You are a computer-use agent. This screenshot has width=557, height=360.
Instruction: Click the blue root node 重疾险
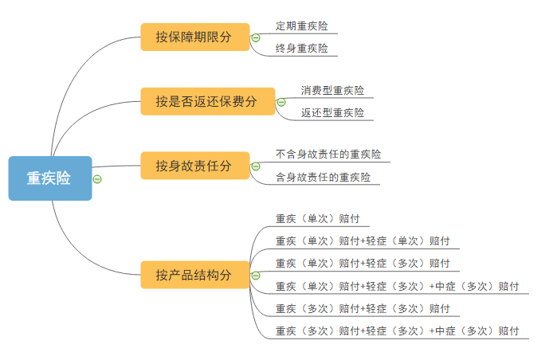click(x=50, y=178)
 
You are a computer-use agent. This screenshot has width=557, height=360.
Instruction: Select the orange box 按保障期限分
click(x=195, y=37)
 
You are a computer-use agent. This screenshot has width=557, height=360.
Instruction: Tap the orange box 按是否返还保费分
click(x=208, y=101)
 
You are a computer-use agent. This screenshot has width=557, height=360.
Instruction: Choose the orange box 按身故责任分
click(x=195, y=166)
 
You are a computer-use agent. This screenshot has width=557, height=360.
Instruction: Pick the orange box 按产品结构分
click(x=195, y=275)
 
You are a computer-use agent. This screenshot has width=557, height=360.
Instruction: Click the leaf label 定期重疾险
click(x=301, y=26)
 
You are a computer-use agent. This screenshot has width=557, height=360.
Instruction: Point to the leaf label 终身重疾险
click(x=301, y=49)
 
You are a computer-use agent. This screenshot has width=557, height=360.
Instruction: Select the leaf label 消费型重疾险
click(x=332, y=90)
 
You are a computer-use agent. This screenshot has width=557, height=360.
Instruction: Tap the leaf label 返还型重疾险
click(x=332, y=112)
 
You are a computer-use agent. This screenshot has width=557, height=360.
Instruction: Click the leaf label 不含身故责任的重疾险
click(x=328, y=154)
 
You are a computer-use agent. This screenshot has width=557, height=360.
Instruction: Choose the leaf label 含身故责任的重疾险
click(x=323, y=177)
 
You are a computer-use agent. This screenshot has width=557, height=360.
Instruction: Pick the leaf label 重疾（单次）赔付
click(x=318, y=218)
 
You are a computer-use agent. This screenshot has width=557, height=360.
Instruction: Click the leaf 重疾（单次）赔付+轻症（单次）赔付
click(x=363, y=241)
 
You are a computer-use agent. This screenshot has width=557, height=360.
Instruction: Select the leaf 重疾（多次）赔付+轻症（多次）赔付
click(x=363, y=308)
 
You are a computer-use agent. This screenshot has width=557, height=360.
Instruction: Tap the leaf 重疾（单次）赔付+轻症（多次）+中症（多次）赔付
click(x=397, y=286)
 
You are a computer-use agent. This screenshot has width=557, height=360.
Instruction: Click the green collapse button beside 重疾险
click(x=97, y=179)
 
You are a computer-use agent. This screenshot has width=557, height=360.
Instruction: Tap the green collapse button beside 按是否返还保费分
click(x=281, y=102)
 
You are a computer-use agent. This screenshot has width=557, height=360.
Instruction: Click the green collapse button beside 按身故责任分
click(x=256, y=166)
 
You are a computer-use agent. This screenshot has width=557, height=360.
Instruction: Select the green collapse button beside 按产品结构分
click(x=256, y=276)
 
